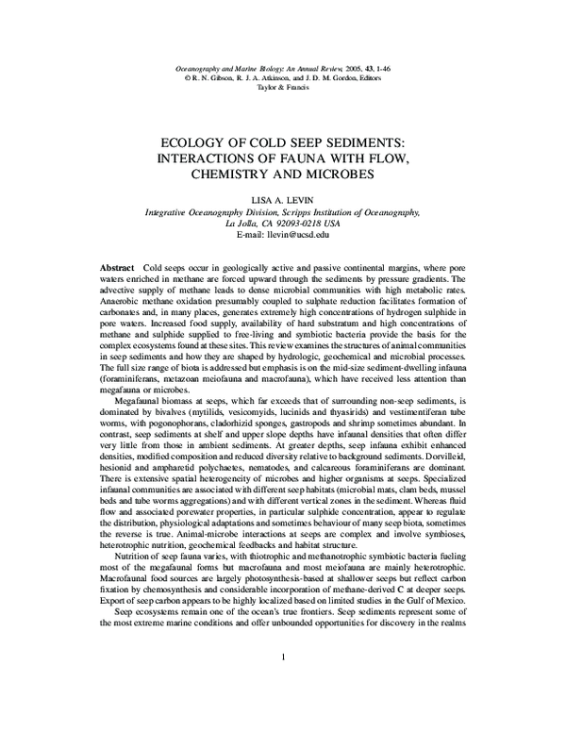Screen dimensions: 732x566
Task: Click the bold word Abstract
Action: [118, 269]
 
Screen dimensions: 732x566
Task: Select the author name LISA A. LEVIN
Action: [282, 201]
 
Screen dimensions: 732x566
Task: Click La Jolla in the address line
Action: [242, 226]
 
